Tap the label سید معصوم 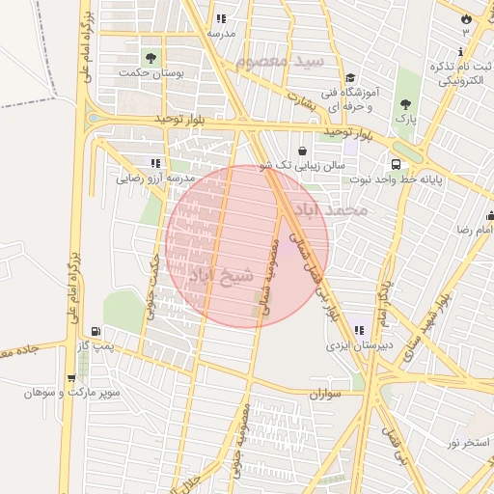click(x=283, y=61)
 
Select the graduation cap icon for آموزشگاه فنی click(x=350, y=78)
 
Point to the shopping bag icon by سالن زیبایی click(x=304, y=151)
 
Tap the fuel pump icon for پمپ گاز click(x=94, y=330)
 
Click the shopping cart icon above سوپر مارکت click(x=71, y=377)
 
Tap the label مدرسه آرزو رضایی click(x=156, y=178)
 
